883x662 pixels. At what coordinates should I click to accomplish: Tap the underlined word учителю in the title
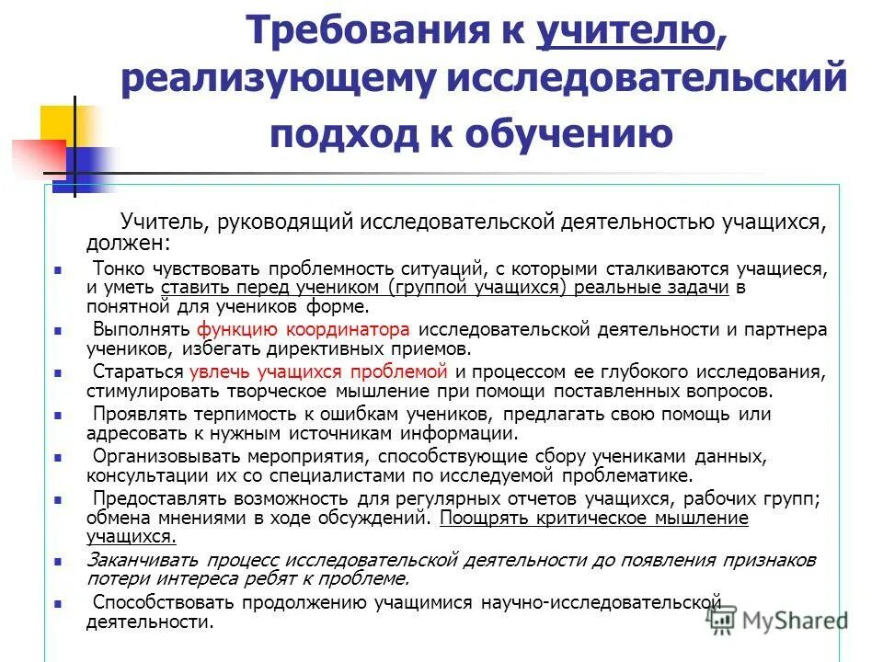(x=625, y=35)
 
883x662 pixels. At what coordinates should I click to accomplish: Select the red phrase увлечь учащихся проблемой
(x=318, y=372)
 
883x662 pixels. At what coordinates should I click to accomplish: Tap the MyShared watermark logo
(x=776, y=619)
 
